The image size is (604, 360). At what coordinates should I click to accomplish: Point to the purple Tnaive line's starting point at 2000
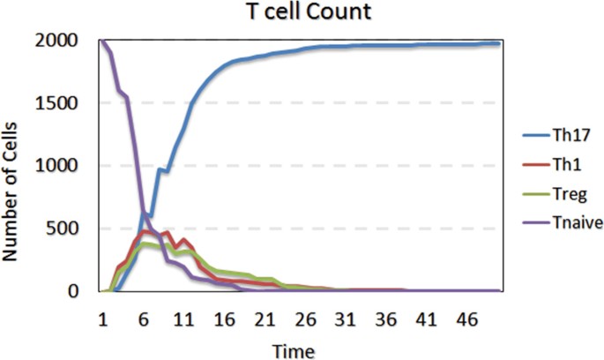point(102,41)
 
